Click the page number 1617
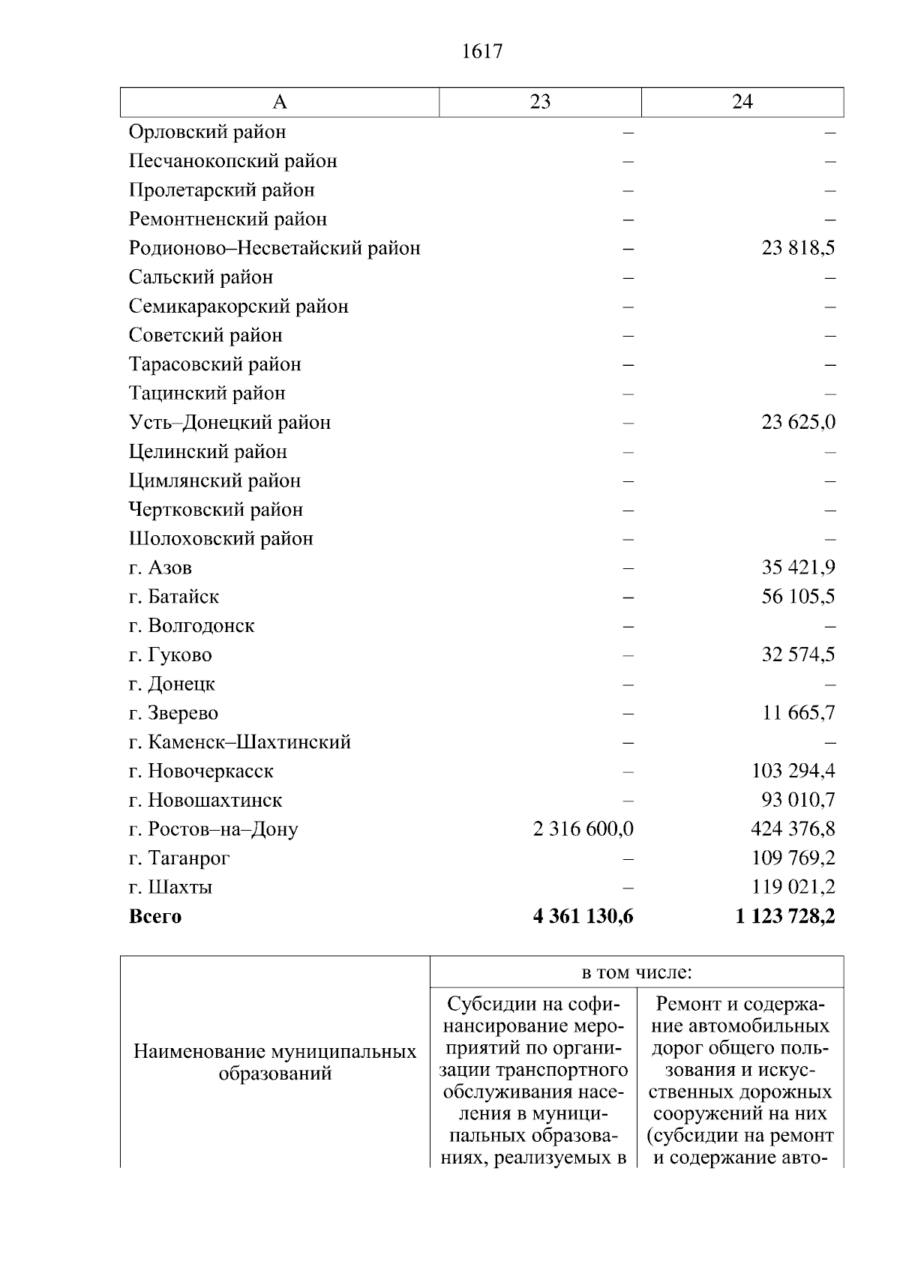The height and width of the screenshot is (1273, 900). click(482, 52)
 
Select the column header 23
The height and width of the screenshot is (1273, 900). click(540, 102)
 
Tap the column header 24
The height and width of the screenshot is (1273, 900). click(742, 102)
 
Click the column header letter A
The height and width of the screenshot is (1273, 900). click(279, 102)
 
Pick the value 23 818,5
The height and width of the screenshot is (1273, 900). click(798, 248)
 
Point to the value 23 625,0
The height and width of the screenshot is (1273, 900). click(798, 423)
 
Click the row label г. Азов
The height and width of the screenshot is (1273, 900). click(160, 568)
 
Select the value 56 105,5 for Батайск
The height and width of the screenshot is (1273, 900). click(798, 597)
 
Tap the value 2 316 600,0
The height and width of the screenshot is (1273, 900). click(583, 829)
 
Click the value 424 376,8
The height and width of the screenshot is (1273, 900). click(793, 829)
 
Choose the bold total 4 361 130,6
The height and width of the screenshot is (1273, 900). click(583, 916)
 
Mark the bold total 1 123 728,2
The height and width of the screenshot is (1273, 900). click(786, 916)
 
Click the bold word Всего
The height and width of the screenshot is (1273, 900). click(155, 916)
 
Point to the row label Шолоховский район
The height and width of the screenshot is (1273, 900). click(221, 539)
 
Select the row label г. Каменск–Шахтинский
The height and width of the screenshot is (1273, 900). click(240, 742)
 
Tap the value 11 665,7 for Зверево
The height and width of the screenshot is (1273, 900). click(798, 713)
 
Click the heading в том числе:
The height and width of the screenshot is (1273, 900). click(637, 973)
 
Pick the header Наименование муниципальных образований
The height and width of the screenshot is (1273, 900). click(275, 1062)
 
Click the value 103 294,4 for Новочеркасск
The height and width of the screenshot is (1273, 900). click(793, 771)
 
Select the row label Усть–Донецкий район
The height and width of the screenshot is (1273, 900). click(230, 423)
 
